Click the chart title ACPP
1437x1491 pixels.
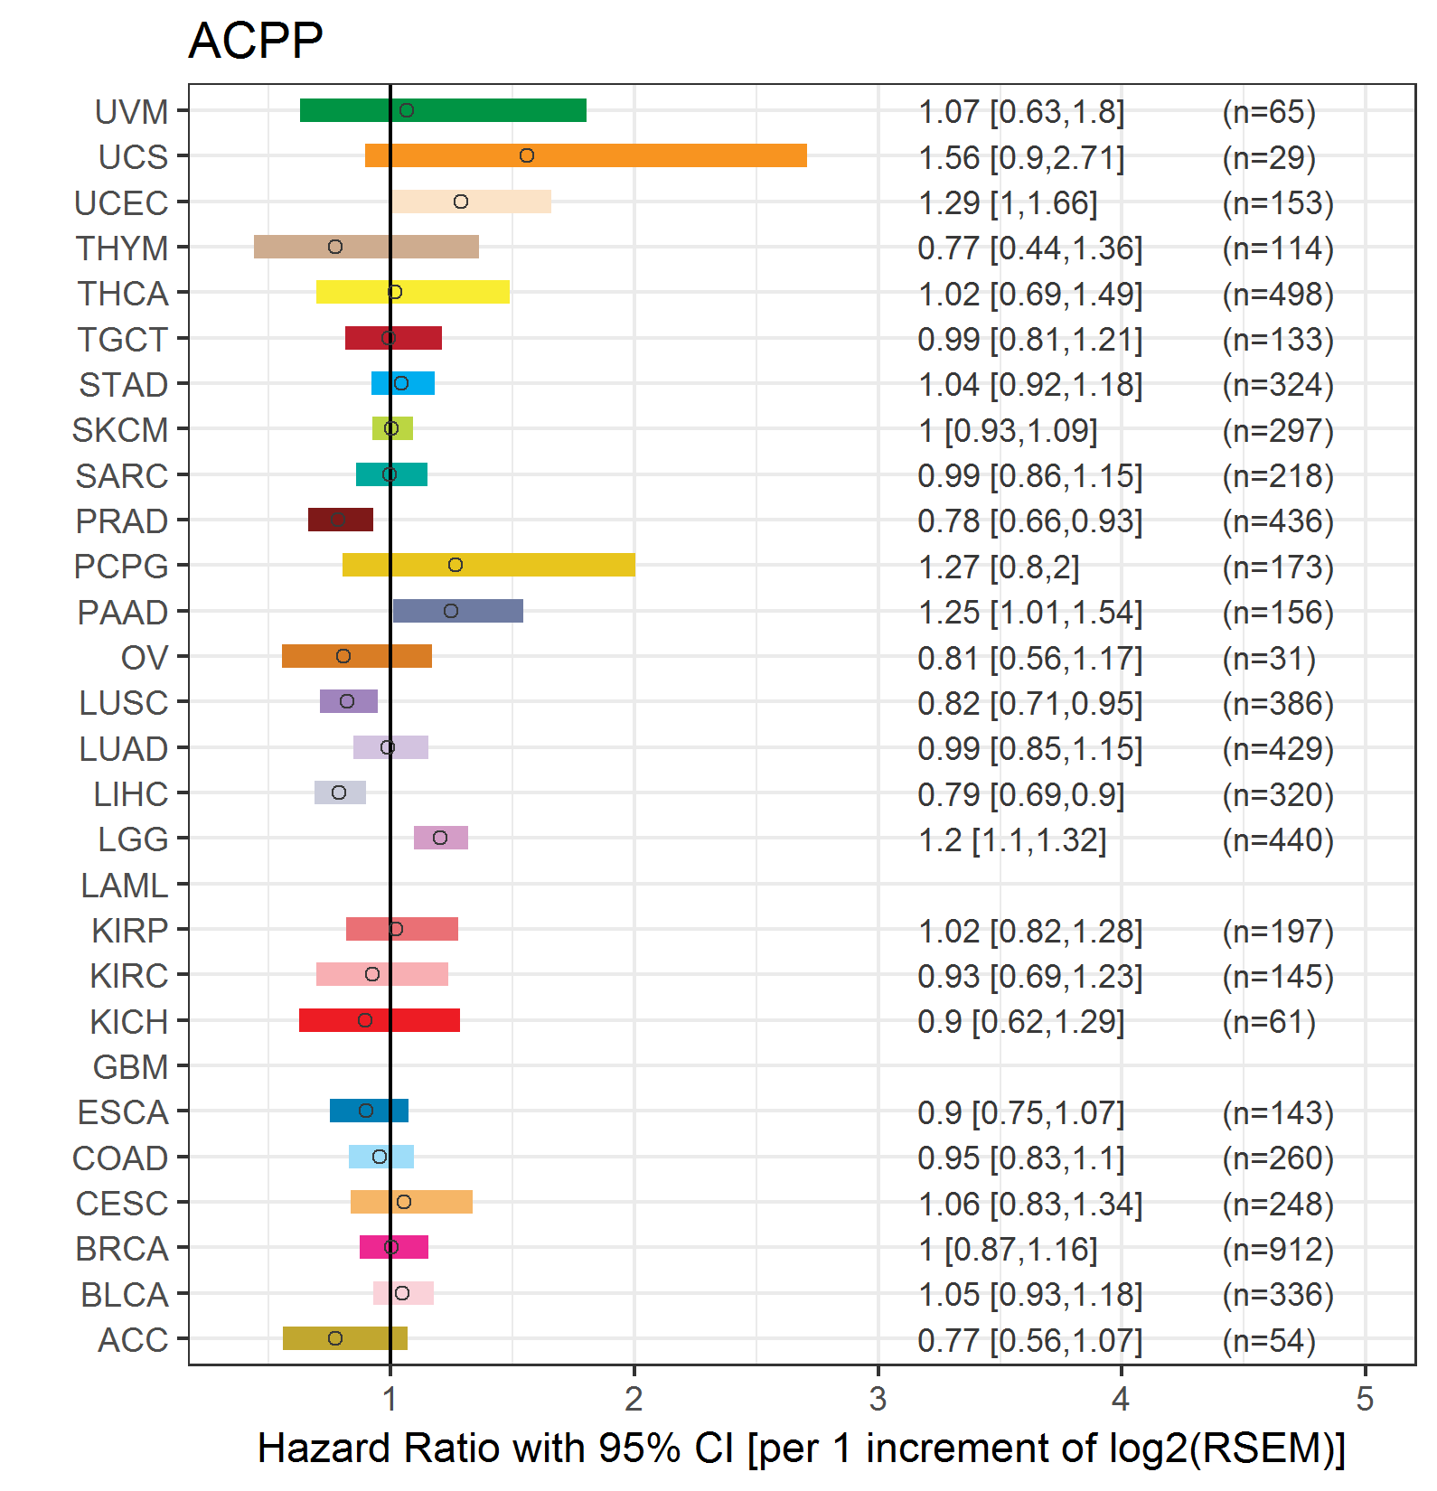[x=255, y=41]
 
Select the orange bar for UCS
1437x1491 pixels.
[x=586, y=155]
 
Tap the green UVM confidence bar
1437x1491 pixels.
[x=443, y=110]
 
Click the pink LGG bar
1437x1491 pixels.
[x=441, y=838]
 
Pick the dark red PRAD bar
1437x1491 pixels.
[x=341, y=520]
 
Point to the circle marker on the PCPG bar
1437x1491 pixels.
[x=456, y=565]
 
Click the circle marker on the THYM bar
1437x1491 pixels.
[x=335, y=247]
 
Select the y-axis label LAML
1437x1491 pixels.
[x=125, y=886]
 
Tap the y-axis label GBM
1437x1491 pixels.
[x=131, y=1067]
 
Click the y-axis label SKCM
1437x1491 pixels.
[x=120, y=430]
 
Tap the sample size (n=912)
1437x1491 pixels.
[x=1278, y=1249]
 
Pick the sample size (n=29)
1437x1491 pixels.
[x=1269, y=157]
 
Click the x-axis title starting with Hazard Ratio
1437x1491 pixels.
[x=802, y=1449]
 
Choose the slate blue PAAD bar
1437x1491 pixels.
[x=458, y=611]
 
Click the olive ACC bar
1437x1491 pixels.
[x=345, y=1338]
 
